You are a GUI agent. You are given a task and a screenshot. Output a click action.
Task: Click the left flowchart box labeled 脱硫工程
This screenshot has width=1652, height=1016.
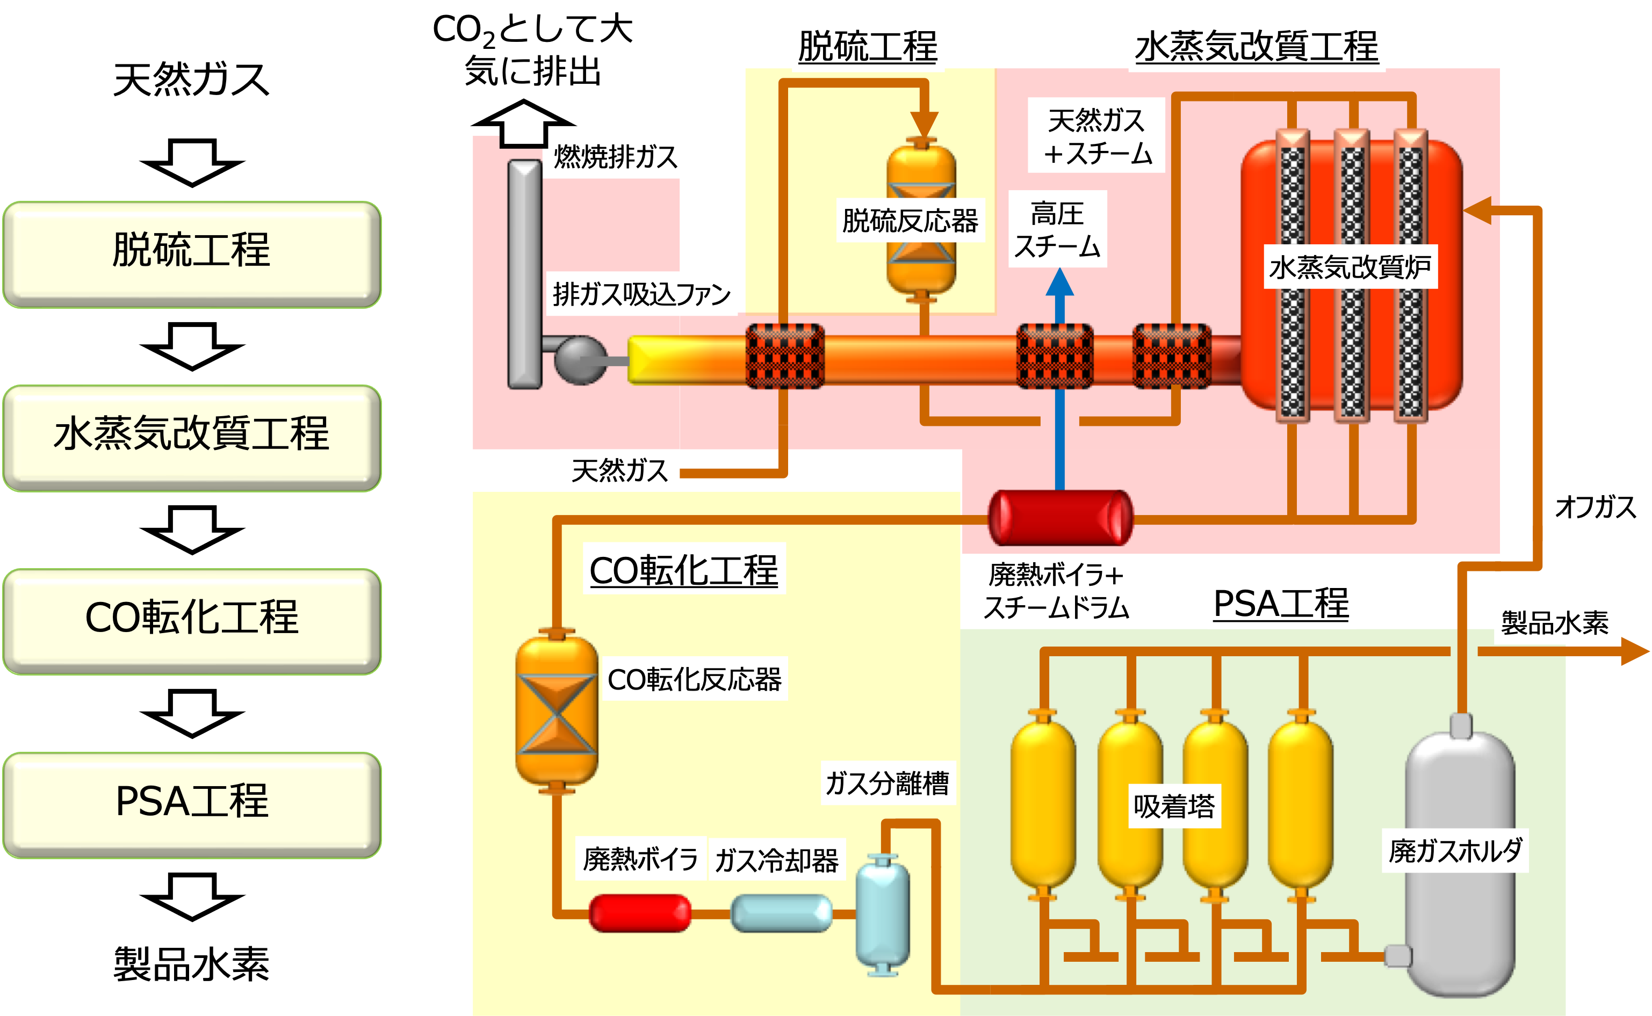pyautogui.click(x=192, y=254)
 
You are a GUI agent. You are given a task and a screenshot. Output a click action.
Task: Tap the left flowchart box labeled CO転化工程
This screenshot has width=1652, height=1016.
pyautogui.click(x=192, y=620)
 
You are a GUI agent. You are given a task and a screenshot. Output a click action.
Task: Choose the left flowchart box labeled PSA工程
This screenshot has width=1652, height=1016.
pyautogui.click(x=192, y=804)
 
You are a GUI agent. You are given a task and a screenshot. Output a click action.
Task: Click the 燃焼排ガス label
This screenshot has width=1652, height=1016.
pyautogui.click(x=615, y=157)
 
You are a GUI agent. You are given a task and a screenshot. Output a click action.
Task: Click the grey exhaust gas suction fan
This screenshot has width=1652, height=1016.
pyautogui.click(x=579, y=361)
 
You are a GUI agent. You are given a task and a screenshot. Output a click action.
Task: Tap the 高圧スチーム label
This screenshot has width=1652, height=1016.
pyautogui.click(x=1057, y=230)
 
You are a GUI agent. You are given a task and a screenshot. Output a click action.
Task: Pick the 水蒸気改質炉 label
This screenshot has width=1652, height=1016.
pyautogui.click(x=1350, y=267)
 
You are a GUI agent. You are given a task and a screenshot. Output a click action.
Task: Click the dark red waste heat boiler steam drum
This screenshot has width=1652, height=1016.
pyautogui.click(x=1060, y=518)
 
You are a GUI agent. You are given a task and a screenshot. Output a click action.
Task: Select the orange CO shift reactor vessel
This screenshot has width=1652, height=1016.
pyautogui.click(x=557, y=710)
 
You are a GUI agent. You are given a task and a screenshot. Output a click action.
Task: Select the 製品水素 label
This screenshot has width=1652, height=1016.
pyautogui.click(x=1555, y=623)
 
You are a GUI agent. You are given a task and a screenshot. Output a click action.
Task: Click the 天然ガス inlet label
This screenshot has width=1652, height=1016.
pyautogui.click(x=619, y=470)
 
